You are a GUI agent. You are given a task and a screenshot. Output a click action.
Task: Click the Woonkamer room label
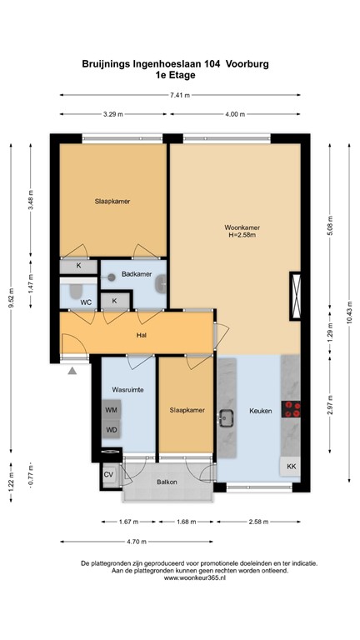pos(242,227)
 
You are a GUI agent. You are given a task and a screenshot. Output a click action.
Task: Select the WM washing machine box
pos(111,409)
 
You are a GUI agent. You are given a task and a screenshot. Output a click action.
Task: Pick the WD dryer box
pos(111,430)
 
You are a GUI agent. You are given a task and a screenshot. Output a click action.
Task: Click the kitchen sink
pos(226,417)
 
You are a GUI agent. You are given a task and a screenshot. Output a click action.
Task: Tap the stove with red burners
pos(292,408)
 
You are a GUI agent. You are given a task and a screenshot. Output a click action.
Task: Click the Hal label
pos(142,336)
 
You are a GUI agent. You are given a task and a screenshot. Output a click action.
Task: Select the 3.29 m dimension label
pos(114,113)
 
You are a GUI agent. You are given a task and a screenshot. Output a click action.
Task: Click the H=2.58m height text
pos(242,236)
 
